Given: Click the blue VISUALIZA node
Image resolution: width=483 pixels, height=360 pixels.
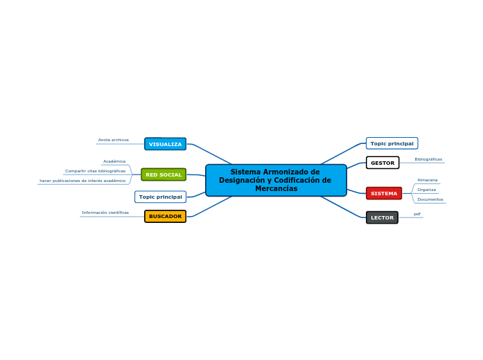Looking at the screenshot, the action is [x=165, y=144].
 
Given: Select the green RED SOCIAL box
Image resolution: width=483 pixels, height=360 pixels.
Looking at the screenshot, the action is [x=164, y=174].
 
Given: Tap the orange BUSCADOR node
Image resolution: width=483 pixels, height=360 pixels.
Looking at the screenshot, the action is [x=165, y=216].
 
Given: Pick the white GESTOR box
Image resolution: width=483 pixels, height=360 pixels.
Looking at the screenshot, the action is [x=383, y=163].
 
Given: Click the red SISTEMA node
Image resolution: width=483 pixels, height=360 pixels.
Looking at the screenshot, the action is [x=384, y=193].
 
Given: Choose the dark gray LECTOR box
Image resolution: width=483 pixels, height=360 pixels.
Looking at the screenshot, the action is [x=382, y=217].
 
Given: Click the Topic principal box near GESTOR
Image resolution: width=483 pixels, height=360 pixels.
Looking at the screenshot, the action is [x=392, y=143].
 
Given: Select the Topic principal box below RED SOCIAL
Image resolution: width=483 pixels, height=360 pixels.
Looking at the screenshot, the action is [x=161, y=197].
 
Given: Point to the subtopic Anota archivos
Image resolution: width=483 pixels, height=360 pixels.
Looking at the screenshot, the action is [x=114, y=140].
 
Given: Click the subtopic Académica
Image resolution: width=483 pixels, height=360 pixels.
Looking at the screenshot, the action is [x=114, y=161].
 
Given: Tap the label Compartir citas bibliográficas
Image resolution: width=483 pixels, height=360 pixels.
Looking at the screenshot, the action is [x=95, y=171].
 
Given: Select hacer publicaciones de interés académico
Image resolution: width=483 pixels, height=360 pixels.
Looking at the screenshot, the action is [x=82, y=181].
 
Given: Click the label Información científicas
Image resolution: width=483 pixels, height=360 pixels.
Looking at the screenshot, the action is [x=105, y=213].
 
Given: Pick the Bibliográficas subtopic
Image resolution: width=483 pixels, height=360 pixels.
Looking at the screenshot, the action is [x=428, y=159].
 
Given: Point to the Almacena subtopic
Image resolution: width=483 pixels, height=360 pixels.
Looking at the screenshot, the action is [x=428, y=180].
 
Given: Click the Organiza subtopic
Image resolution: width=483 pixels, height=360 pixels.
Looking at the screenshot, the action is [x=427, y=190].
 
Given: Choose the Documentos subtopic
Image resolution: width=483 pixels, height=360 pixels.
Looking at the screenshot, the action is [x=430, y=199].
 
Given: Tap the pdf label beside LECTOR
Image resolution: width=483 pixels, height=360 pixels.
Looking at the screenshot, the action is [x=417, y=214].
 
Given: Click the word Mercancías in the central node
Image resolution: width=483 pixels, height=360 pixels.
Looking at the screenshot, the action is [x=276, y=188].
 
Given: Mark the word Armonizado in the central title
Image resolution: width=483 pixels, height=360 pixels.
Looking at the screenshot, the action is [x=287, y=172].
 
